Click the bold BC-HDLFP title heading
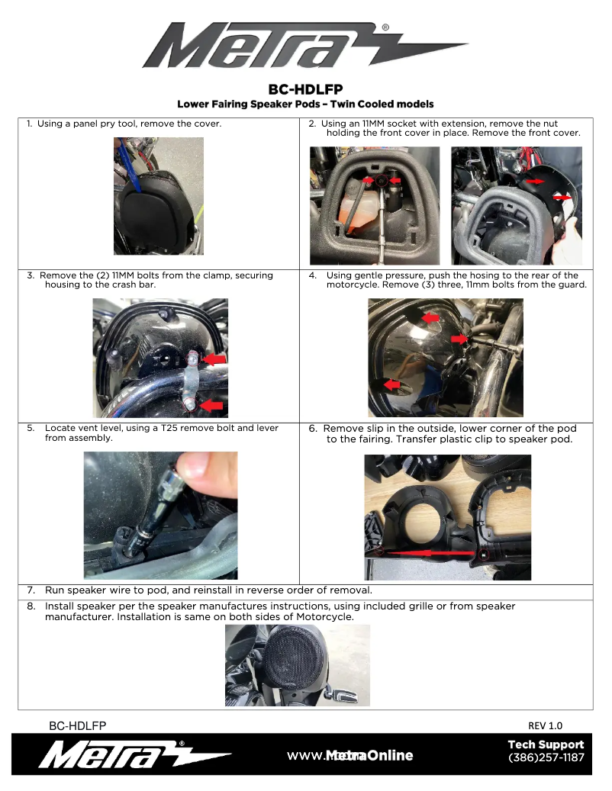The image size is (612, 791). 305,90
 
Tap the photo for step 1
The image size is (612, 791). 159,196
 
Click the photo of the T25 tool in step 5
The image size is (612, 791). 160,516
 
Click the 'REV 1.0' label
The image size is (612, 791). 545,725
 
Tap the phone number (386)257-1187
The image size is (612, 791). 546,758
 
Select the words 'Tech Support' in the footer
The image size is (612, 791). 546,744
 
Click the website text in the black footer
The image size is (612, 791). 350,756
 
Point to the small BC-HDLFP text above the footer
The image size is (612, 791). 77,725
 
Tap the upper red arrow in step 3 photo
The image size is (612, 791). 214,357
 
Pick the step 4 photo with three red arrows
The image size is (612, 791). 446,358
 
